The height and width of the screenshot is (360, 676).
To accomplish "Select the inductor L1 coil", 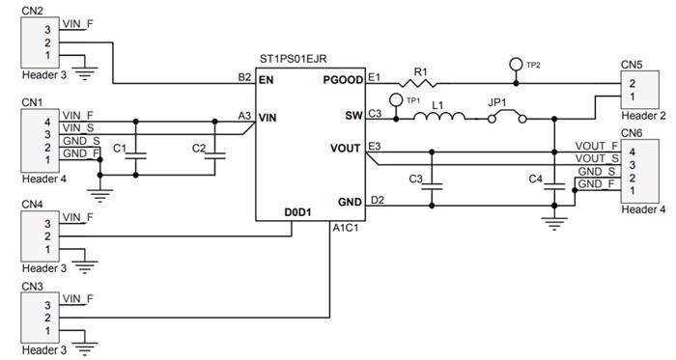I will [438, 118].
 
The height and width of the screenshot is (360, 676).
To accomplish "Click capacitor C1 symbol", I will [136, 152].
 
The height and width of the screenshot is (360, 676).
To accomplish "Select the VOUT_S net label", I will [596, 158].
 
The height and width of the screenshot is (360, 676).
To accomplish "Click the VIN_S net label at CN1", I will [78, 127].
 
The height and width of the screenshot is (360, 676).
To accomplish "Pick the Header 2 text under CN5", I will [643, 116].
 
